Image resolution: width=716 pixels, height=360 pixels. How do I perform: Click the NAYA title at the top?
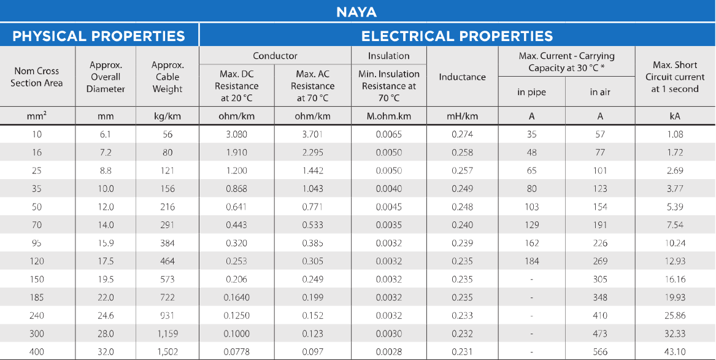click(356, 12)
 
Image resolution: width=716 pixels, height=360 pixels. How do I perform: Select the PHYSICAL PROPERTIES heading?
click(99, 36)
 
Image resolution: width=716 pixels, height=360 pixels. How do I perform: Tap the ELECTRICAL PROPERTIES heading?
click(456, 36)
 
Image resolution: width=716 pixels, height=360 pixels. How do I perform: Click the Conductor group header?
click(275, 56)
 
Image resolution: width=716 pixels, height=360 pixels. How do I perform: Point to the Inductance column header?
click(462, 77)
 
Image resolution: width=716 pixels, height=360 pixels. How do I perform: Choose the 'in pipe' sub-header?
click(531, 92)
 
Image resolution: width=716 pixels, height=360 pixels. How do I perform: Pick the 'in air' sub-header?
click(600, 92)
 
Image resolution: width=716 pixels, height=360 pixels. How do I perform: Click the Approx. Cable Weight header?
click(167, 77)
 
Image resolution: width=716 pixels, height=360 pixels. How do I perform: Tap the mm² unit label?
click(37, 116)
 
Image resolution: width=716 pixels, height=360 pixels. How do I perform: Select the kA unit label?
click(675, 116)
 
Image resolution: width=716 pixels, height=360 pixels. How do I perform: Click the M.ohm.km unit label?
click(388, 116)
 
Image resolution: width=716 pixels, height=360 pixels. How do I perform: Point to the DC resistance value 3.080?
click(236, 134)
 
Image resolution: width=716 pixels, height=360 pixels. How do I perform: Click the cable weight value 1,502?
click(167, 352)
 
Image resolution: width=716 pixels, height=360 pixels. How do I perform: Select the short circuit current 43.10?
click(675, 352)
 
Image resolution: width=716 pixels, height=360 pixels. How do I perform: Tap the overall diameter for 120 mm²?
click(107, 261)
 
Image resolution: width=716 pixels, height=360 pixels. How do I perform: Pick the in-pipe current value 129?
click(531, 225)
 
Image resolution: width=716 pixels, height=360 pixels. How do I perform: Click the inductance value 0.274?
click(462, 134)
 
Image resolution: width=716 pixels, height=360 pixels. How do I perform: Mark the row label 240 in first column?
click(37, 316)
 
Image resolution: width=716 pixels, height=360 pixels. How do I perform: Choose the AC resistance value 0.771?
click(312, 207)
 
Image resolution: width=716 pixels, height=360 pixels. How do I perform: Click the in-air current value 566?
click(600, 352)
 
